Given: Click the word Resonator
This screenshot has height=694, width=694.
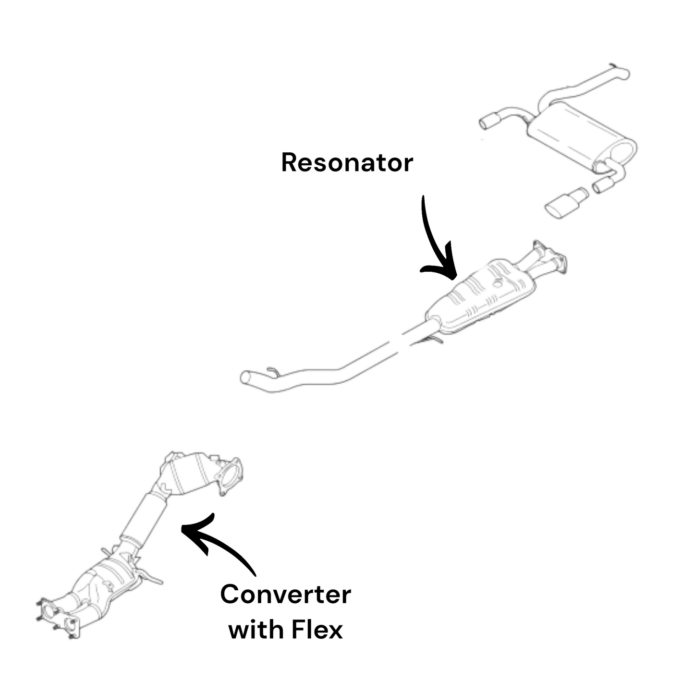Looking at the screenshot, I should coord(347,163).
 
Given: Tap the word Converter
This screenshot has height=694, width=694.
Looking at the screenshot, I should coord(285,595).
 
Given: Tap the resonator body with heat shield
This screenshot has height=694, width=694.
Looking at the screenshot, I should coord(480,298).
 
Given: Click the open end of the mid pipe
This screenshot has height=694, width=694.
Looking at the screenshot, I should coord(246,377).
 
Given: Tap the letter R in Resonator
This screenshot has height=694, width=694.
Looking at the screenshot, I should coord(288,163).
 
